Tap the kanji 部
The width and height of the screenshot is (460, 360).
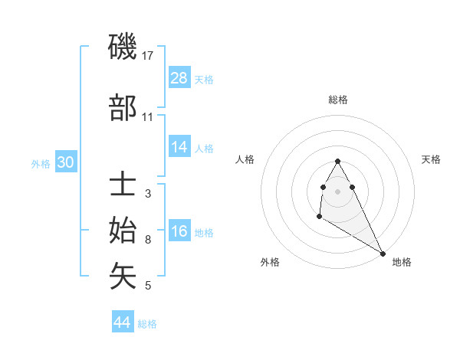(123, 110)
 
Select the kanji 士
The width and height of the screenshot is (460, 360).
(123, 186)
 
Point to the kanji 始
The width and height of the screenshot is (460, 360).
(123, 231)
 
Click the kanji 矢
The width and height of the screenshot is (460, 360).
(123, 277)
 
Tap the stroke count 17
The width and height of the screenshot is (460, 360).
(148, 55)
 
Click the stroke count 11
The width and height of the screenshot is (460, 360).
(148, 116)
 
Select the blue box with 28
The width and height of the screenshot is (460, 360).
(179, 78)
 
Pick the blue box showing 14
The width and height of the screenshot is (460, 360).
(179, 147)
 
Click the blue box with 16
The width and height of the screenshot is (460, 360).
(179, 232)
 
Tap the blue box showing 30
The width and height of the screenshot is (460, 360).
(65, 162)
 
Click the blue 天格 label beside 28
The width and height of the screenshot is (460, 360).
(204, 79)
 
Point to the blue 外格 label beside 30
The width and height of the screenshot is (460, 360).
(41, 163)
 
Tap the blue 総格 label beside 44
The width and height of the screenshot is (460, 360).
(147, 324)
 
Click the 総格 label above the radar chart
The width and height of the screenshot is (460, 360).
(338, 100)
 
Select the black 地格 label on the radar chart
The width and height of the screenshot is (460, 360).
(402, 262)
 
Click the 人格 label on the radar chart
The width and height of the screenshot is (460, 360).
(245, 159)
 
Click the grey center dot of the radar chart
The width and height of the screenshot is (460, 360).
(337, 191)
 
